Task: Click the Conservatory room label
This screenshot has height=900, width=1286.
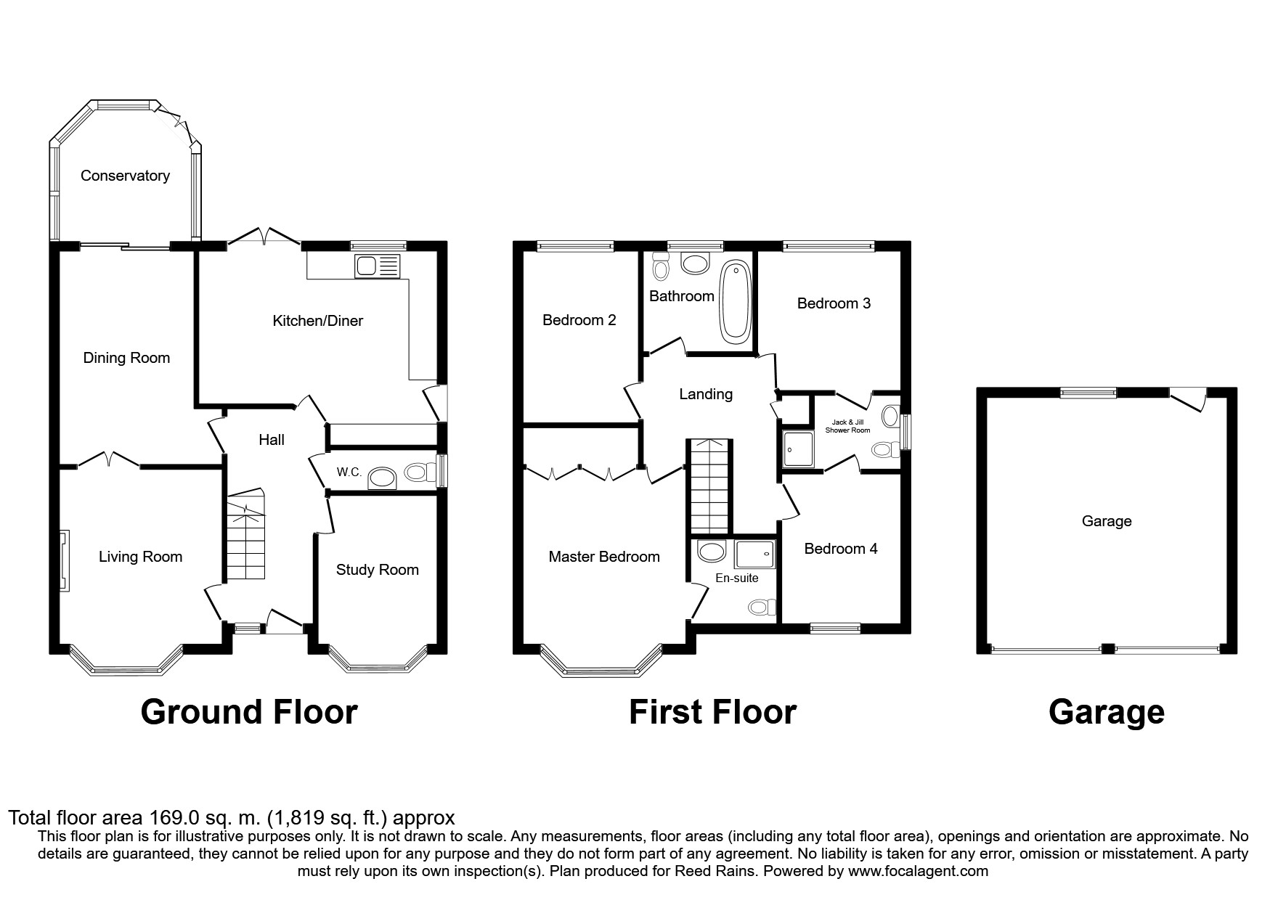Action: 125,176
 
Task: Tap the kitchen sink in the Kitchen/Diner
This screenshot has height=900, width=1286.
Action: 377,266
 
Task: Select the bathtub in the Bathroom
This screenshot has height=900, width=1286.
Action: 735,300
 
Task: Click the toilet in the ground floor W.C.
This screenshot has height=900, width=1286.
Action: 416,472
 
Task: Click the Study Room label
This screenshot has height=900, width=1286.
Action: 377,570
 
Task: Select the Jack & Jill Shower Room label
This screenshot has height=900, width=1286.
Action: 847,426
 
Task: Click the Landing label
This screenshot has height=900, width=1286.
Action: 705,394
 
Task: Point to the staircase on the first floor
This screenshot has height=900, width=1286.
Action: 709,486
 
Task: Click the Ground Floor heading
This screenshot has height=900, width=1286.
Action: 248,712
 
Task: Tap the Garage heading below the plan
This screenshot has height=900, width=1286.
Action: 1106,712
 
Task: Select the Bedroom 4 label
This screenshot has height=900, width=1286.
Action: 840,549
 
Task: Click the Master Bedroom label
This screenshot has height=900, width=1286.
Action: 603,557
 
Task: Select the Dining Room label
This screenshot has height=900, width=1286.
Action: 126,358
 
